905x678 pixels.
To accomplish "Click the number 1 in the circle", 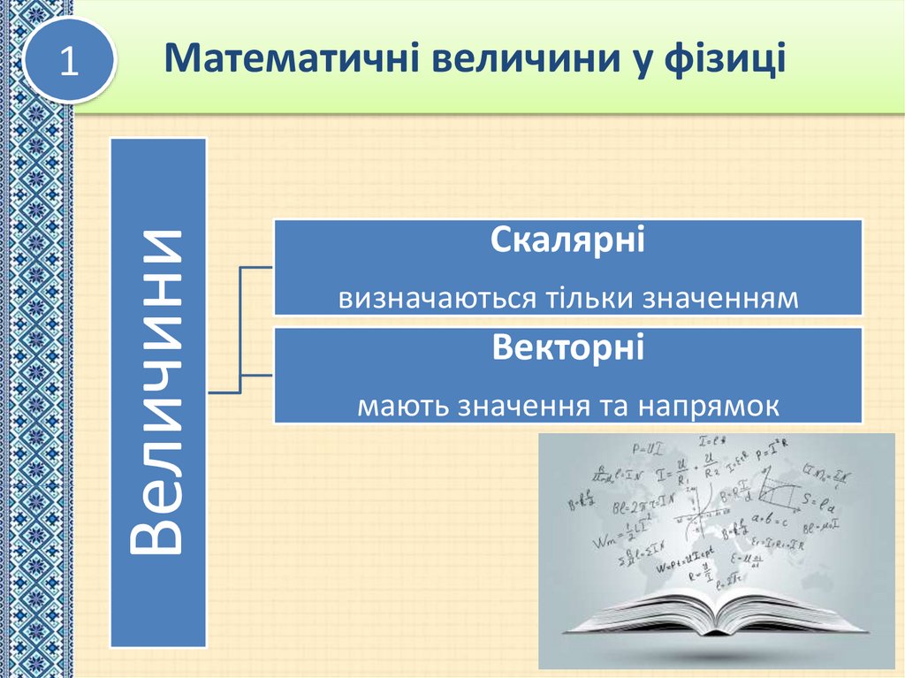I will pos(70,62).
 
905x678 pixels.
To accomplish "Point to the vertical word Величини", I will pos(158,391).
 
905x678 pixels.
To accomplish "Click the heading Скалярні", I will pos(567,240).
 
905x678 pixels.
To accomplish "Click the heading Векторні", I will pos(567,346).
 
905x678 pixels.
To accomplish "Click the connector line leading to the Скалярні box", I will pos(257,265).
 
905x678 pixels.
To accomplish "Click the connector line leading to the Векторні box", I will pos(257,374).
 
